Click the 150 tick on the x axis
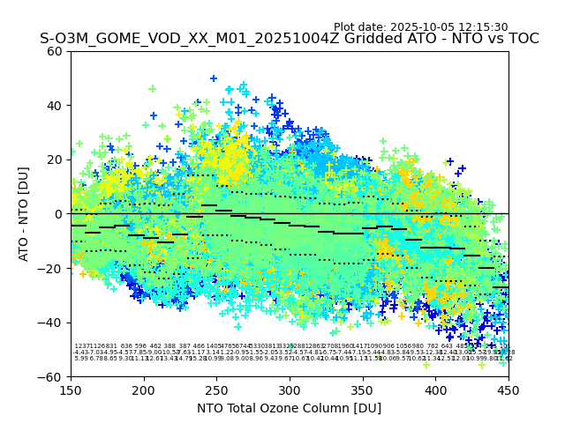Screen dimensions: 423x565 [x=71, y=390]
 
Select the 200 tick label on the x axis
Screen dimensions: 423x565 [x=144, y=390]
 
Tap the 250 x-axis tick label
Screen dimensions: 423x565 [x=216, y=390]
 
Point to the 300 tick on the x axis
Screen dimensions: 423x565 [x=290, y=390]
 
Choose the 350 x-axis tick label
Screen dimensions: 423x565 [x=363, y=390]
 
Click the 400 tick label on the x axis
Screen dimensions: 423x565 [x=435, y=390]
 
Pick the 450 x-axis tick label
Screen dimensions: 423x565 [x=508, y=390]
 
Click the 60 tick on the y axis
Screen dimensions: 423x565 [x=55, y=51]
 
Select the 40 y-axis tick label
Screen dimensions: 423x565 [x=55, y=106]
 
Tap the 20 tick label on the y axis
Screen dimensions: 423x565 [x=55, y=160]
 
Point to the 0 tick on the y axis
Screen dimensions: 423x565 [x=58, y=214]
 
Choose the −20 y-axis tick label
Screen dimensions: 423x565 [x=51, y=268]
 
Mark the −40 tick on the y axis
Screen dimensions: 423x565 [x=51, y=323]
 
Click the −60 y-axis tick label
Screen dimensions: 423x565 [x=51, y=376]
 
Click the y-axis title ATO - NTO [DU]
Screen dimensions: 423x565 [x=24, y=214]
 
